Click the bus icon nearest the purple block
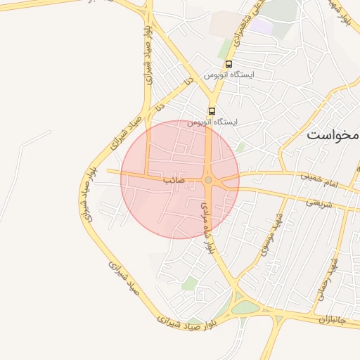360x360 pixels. tap(229, 64)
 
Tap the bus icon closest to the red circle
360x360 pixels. tap(212, 111)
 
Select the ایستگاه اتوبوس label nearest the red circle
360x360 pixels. tap(212, 122)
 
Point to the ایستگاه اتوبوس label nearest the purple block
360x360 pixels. tap(229, 74)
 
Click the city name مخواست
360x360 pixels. tap(333, 136)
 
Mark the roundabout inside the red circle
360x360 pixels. tap(209, 181)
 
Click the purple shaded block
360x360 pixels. tap(262, 26)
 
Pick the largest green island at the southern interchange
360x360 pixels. tap(245, 307)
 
